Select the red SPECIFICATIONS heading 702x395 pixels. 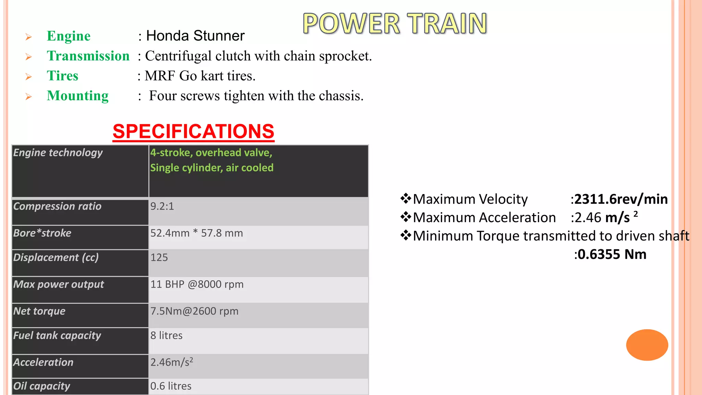click(193, 131)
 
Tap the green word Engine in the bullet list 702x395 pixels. click(69, 36)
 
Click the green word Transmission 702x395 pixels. click(88, 56)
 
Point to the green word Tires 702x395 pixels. click(62, 76)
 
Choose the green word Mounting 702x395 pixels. click(77, 96)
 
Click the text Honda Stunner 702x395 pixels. click(195, 36)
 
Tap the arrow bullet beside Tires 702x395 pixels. click(28, 77)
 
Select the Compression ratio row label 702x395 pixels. click(57, 206)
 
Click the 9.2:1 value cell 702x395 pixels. click(162, 206)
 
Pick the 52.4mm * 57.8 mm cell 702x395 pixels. click(196, 233)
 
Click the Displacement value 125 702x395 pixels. click(159, 258)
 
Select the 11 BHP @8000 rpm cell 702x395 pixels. click(197, 284)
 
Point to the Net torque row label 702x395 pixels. click(39, 311)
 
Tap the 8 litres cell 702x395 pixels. click(166, 335)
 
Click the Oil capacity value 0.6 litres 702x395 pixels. click(171, 386)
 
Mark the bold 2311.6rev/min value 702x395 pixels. click(621, 199)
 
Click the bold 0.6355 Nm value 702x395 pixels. click(612, 254)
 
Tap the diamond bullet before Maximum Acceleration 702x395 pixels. click(406, 217)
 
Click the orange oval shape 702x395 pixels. click(647, 345)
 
